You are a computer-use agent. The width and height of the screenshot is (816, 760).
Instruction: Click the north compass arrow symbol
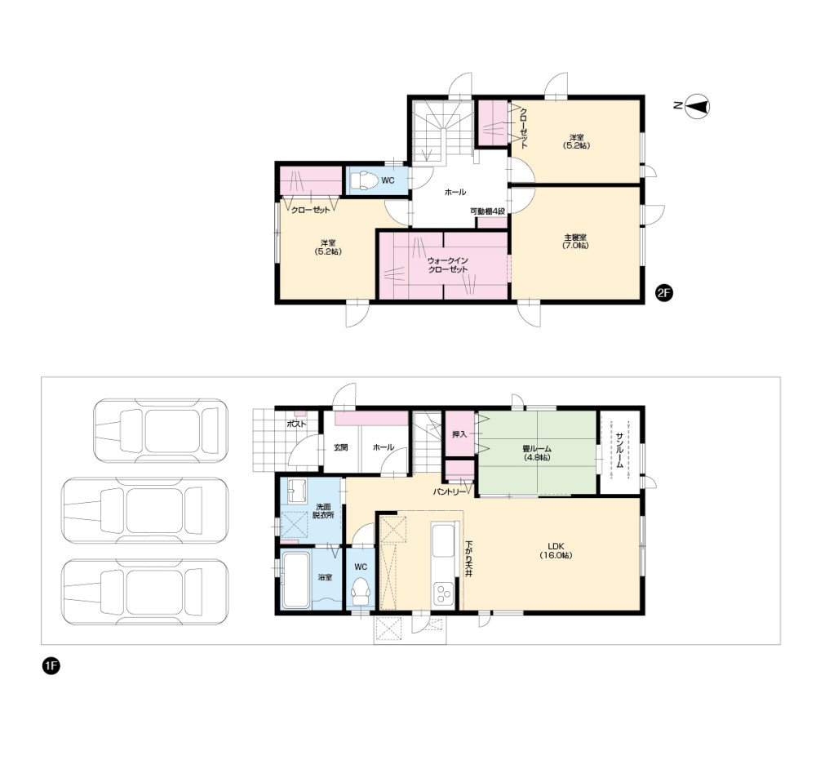pos(698,106)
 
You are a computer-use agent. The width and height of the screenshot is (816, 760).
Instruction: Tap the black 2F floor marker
pos(663,293)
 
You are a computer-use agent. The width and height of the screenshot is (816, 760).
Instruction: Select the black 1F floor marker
pos(51,666)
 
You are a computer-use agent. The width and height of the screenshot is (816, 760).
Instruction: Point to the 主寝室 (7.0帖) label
pos(575,241)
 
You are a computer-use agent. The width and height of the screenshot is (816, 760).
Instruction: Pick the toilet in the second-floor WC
pos(364,180)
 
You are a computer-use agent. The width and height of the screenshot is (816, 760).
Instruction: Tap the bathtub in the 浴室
pos(295,579)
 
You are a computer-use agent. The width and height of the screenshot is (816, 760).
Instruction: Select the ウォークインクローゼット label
pos(447,265)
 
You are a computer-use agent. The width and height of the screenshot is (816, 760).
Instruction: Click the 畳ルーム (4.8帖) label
pos(537,453)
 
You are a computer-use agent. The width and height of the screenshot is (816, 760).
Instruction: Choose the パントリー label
pos(449,491)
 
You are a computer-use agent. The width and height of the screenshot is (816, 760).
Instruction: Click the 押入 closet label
pos(459,434)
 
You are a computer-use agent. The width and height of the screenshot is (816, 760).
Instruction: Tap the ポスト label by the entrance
pos(297,424)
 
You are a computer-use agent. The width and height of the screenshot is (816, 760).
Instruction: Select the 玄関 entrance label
pos(341,447)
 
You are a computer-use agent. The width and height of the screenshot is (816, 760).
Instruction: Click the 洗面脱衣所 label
pos(323,511)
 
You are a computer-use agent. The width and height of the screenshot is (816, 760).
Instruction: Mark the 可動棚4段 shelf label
pos(488,211)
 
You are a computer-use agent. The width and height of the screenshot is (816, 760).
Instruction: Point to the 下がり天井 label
pos(468,558)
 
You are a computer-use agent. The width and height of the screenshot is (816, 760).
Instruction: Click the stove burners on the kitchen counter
pos(444,594)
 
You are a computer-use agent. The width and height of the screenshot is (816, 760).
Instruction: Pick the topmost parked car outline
pos(161,430)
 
